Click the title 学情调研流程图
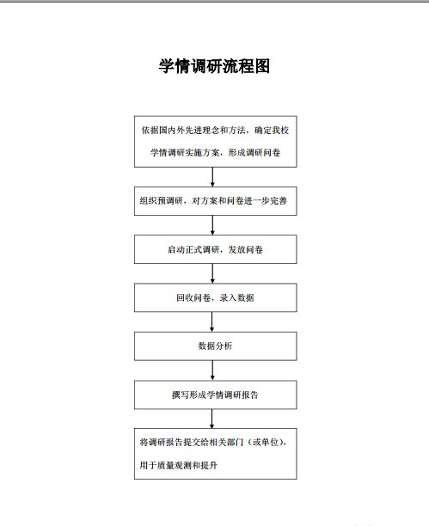coord(214,66)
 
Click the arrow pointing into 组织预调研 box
coord(212,177)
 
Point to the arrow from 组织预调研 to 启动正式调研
coord(212,225)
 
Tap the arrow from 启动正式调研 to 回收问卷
coord(212,273)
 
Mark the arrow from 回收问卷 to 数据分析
coord(211,322)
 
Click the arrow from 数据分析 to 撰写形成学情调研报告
coord(212,370)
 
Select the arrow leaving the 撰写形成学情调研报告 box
coord(211,419)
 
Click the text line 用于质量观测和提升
coord(179,465)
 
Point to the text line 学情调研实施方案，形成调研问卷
coord(215,153)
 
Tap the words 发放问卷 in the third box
coord(246,249)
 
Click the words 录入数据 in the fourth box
coord(237,298)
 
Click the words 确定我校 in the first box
coord(272,130)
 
